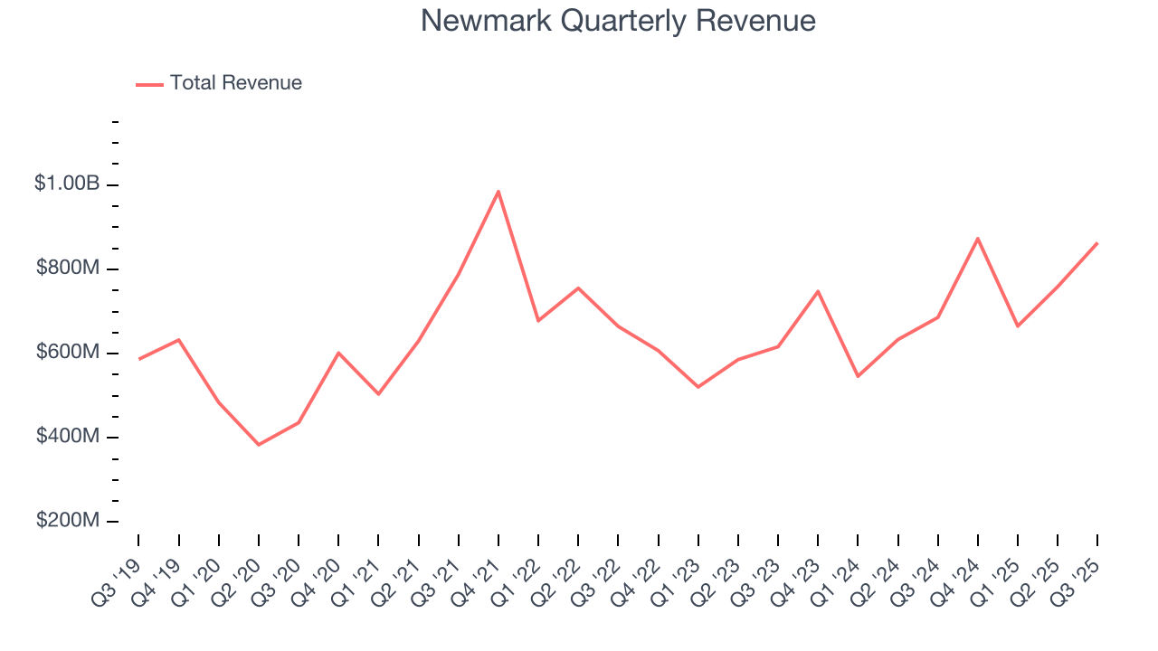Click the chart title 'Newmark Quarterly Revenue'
(618, 21)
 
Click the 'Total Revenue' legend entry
(235, 83)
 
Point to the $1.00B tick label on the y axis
(67, 184)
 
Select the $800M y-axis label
(67, 268)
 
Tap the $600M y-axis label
(67, 352)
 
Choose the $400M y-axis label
(67, 437)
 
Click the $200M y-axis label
(67, 521)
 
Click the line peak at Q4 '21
(498, 191)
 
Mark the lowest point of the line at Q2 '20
(259, 445)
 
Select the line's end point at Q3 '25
(1097, 243)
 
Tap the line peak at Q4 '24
(978, 239)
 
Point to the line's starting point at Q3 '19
(138, 359)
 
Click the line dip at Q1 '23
(698, 387)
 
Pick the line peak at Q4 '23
(818, 291)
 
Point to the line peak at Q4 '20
(338, 353)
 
